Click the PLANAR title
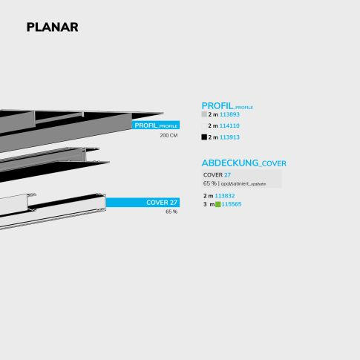tap(52, 27)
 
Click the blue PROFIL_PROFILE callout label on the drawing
tap(156, 125)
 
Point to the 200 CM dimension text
tap(168, 136)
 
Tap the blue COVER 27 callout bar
tap(143, 202)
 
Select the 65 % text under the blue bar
tap(171, 212)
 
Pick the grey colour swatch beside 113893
tap(204, 115)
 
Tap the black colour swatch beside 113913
tap(204, 137)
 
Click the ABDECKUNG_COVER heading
tap(243, 163)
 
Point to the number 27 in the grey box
tap(228, 174)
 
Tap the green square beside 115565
tap(217, 204)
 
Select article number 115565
tap(232, 204)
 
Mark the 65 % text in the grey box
tap(209, 183)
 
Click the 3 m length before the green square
tap(208, 204)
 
